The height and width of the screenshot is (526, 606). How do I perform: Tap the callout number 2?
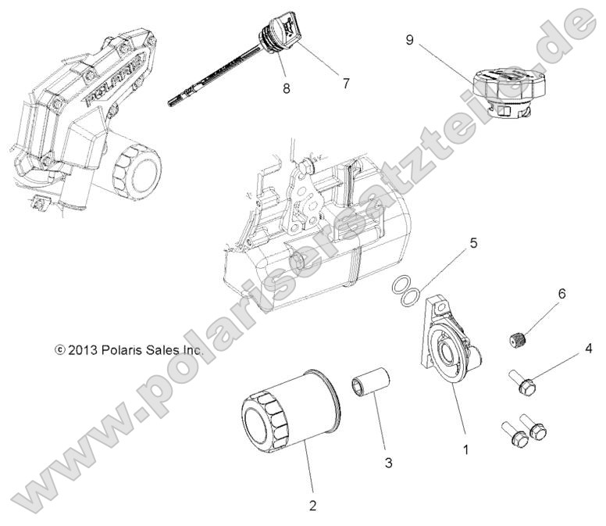[312, 506]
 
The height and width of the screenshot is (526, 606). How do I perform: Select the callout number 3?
[388, 462]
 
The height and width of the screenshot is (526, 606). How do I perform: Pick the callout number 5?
[472, 243]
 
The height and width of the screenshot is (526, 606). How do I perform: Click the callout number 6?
[561, 295]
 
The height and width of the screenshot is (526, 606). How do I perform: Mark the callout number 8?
[287, 88]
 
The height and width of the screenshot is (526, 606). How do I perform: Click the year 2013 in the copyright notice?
[80, 351]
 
